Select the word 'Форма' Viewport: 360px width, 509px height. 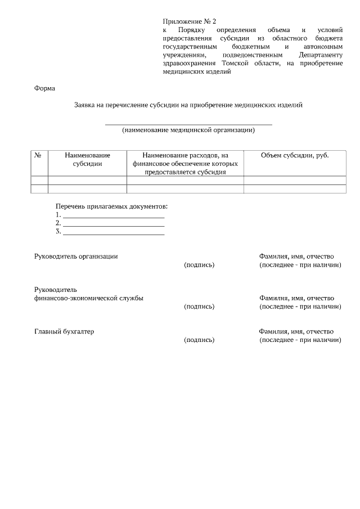pyautogui.click(x=45, y=88)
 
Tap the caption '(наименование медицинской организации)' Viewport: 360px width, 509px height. pyautogui.click(x=188, y=130)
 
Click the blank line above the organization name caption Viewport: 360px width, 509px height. pyautogui.click(x=188, y=124)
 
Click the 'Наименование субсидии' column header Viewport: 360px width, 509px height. pyautogui.click(x=87, y=159)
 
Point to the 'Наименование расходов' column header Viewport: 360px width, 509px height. pyautogui.click(x=185, y=163)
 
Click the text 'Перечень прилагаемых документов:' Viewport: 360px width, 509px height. pyautogui.click(x=111, y=206)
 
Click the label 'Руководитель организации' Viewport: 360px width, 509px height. pyautogui.click(x=76, y=256)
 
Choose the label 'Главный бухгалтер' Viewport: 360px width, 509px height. pyautogui.click(x=64, y=331)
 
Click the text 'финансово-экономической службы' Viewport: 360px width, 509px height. pyautogui.click(x=88, y=298)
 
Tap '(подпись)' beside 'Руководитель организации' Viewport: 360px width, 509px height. pyautogui.click(x=199, y=264)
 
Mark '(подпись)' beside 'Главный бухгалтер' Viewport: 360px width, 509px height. pyautogui.click(x=199, y=340)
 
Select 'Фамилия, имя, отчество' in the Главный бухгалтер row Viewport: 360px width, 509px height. pyautogui.click(x=296, y=331)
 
